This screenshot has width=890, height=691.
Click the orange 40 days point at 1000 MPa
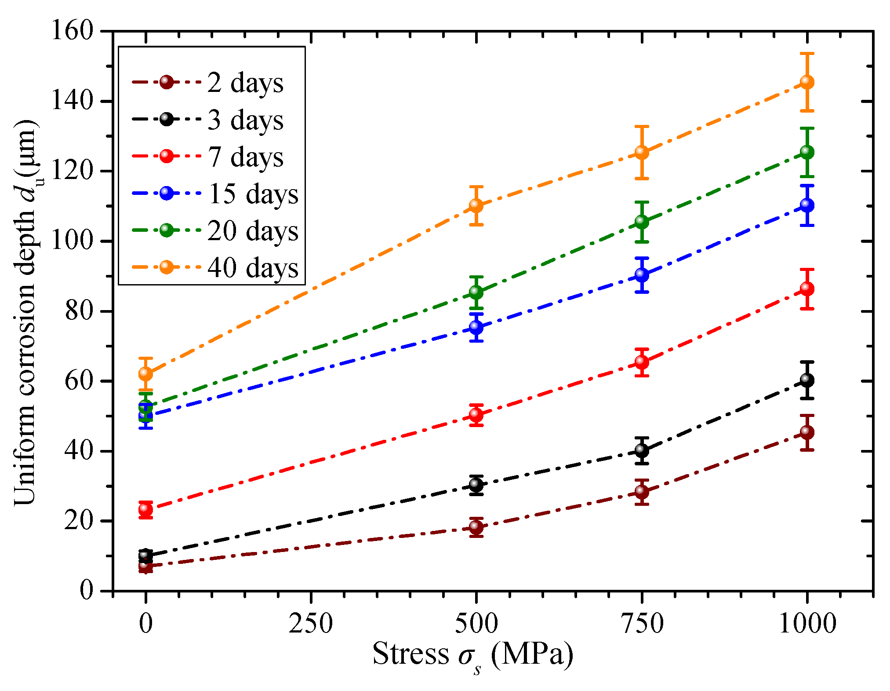coord(807,82)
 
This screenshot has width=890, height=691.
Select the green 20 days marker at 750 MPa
coord(642,222)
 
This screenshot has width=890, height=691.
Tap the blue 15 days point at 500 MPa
coord(476,327)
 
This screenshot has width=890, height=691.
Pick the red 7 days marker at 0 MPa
coord(145,509)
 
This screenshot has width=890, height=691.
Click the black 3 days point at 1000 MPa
coord(807,380)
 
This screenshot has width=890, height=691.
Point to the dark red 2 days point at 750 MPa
coord(642,492)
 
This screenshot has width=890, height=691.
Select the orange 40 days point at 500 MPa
coord(476,205)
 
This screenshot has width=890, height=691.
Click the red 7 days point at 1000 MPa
coord(807,289)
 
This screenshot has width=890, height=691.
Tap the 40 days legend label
coord(253,267)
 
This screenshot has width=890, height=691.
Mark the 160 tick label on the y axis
coord(73,32)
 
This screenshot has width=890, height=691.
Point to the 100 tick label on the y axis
coord(73,241)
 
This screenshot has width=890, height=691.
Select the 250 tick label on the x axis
coord(311,624)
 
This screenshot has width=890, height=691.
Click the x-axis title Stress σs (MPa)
coord(472,654)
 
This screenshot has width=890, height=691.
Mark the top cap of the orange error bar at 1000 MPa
coord(807,53)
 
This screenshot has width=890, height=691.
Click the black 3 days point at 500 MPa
coord(476,485)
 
